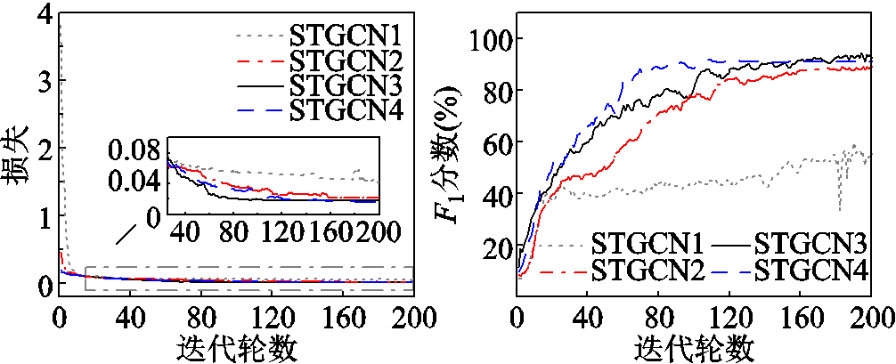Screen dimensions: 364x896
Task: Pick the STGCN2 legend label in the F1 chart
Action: [x=648, y=266]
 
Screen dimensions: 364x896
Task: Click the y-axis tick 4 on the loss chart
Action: [x=40, y=13]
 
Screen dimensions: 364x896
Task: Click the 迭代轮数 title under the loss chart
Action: [x=236, y=346]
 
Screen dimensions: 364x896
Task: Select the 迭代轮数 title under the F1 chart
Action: [x=694, y=346]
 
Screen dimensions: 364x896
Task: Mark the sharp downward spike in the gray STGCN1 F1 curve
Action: [x=840, y=208]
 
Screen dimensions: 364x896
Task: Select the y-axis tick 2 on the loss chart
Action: [x=40, y=149]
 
